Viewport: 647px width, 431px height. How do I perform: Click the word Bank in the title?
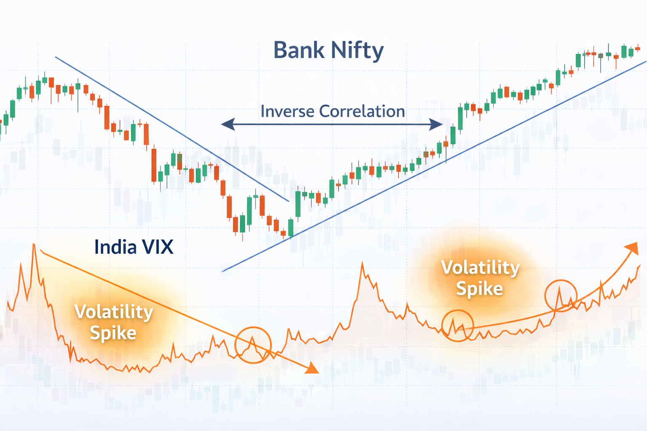299,50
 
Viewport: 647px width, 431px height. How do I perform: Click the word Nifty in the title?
358,51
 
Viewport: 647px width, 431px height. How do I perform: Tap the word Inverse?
287,111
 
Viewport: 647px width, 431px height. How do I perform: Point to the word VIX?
158,247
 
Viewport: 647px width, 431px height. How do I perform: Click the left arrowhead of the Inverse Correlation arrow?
228,124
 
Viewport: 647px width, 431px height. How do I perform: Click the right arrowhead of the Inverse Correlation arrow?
436,125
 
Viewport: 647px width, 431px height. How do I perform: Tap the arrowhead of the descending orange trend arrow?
312,368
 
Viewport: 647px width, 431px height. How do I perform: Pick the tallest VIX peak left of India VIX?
34,245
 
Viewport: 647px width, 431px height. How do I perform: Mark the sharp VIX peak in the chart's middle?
362,263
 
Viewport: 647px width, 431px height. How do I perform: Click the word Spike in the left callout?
113,333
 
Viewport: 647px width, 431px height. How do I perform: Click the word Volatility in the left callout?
113,312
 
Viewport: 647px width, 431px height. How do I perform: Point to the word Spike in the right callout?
479,289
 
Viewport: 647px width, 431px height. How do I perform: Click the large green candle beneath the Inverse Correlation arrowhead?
460,118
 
